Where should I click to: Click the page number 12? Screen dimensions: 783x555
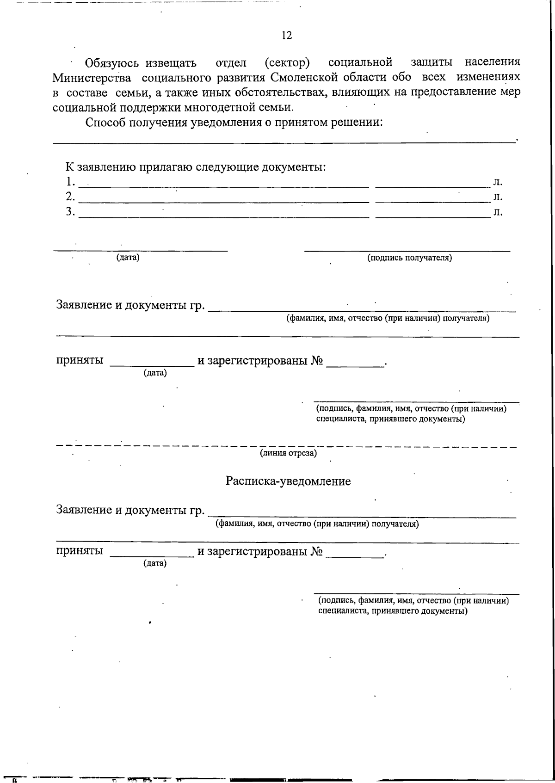click(x=286, y=36)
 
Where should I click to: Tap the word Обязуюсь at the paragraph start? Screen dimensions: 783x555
click(x=112, y=63)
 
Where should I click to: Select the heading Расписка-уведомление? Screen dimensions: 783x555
click(x=288, y=481)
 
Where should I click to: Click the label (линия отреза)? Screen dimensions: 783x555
click(x=288, y=453)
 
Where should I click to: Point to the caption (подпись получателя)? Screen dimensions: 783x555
click(x=409, y=258)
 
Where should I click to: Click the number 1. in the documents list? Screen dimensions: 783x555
click(x=70, y=181)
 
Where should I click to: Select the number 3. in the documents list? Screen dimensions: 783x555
click(x=70, y=212)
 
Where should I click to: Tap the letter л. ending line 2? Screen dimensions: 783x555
click(x=498, y=197)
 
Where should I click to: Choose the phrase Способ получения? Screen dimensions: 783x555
click(x=137, y=123)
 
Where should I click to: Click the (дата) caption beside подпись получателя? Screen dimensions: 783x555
click(x=128, y=258)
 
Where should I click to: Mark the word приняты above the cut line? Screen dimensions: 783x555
click(x=80, y=361)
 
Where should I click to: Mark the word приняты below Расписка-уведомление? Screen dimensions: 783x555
click(x=80, y=551)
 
